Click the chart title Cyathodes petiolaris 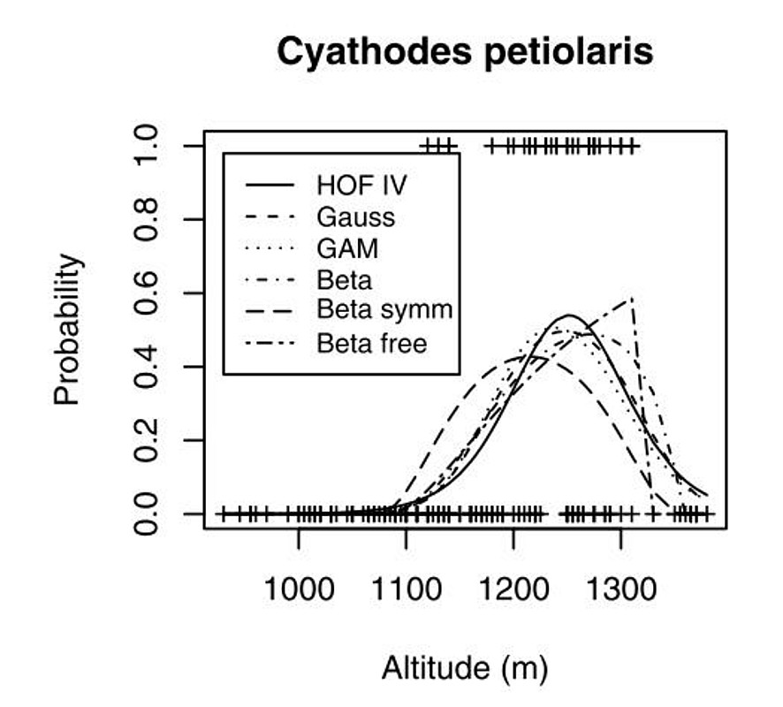tap(465, 52)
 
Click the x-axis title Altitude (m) tap(464, 669)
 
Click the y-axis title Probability tap(67, 329)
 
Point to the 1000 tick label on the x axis tap(299, 587)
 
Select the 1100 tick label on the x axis tap(406, 587)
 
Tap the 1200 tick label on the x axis tap(513, 587)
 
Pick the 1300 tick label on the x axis tap(620, 587)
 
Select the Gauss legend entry tap(355, 217)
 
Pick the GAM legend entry tap(347, 248)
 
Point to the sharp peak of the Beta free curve tap(631, 299)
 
